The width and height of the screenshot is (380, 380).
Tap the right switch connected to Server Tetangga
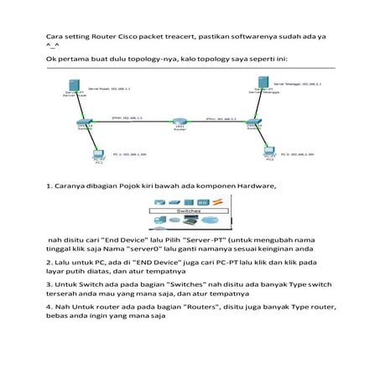click(253, 123)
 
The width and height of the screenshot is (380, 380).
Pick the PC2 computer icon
click(269, 154)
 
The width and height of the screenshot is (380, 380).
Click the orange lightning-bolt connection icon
click(216, 201)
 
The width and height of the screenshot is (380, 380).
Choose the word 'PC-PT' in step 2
click(238, 263)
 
